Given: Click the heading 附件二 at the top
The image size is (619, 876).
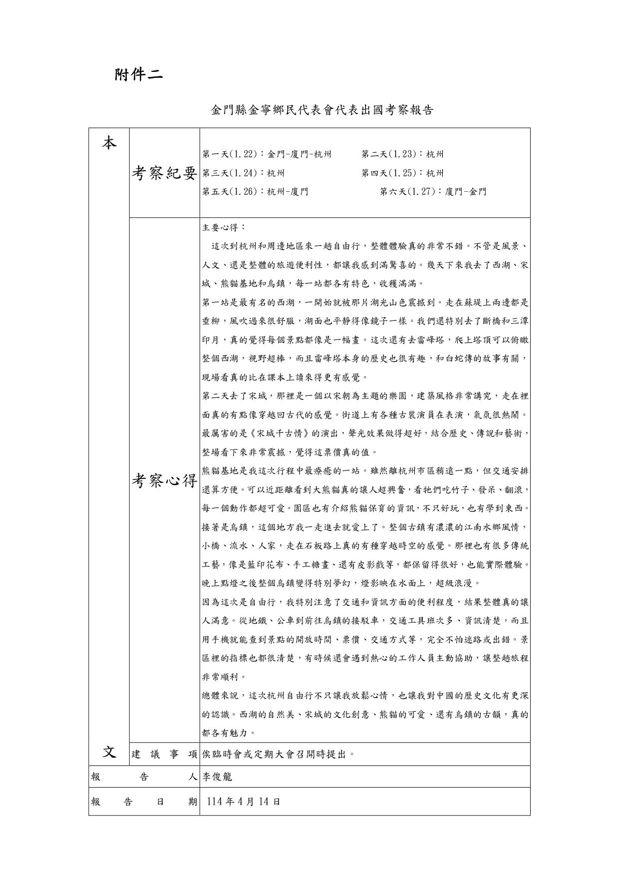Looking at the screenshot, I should (x=138, y=75).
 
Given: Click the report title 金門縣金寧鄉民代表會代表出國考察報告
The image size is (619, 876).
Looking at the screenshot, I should (x=321, y=110).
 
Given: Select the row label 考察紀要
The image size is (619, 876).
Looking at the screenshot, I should (x=164, y=173).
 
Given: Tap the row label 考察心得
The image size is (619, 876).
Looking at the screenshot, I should (x=164, y=480).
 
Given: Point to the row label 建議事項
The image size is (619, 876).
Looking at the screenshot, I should (x=164, y=754).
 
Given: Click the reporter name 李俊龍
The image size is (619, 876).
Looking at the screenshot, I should (x=217, y=777).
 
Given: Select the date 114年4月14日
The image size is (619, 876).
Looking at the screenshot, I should (x=243, y=802).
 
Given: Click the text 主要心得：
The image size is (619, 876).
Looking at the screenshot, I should (x=224, y=227).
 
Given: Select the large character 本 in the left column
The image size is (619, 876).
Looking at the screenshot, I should (x=109, y=144).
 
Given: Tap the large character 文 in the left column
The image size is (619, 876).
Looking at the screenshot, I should (x=109, y=752).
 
